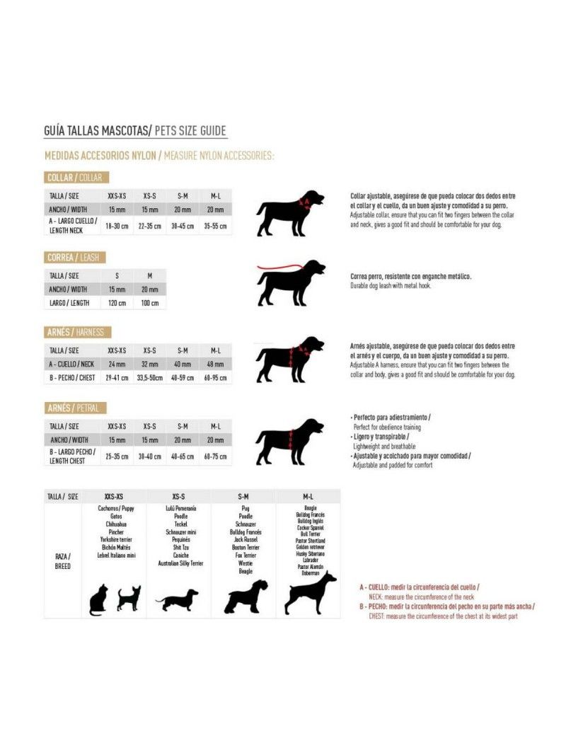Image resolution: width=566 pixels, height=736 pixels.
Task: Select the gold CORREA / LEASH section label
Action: coord(73,258)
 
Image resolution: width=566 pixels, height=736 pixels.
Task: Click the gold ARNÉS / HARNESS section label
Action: coord(78,332)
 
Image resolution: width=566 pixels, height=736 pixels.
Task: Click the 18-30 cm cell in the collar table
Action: coord(117,226)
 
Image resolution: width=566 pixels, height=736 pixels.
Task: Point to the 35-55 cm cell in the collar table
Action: coord(215,226)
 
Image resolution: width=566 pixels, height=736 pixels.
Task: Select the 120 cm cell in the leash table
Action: coord(117,302)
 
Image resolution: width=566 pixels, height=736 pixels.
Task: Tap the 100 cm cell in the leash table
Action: coord(149,302)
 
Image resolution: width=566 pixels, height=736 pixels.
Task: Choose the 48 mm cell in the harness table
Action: coord(215,364)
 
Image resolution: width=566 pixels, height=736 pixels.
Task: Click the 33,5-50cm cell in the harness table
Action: coord(149,377)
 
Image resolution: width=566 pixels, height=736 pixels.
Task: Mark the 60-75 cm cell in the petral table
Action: coord(215,456)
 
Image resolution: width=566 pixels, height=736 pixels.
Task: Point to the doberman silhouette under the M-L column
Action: coord(309,593)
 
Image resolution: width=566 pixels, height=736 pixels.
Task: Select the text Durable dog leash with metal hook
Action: coord(390,286)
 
